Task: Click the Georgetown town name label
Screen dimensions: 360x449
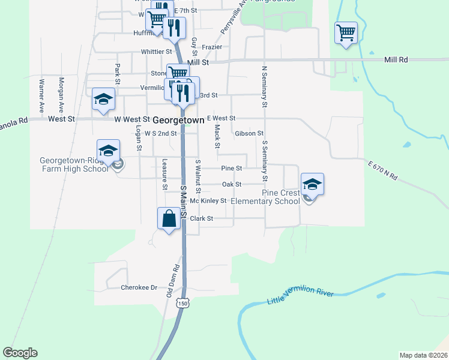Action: [178, 120]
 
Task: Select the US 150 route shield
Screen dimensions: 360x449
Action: [183, 304]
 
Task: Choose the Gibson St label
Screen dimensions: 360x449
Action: [249, 133]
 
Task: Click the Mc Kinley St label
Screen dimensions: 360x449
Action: [209, 201]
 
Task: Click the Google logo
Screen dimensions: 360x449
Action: [20, 353]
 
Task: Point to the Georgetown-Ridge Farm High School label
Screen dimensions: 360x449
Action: [74, 164]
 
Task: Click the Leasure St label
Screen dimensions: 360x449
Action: [165, 174]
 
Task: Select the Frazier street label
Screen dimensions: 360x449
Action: [212, 47]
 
